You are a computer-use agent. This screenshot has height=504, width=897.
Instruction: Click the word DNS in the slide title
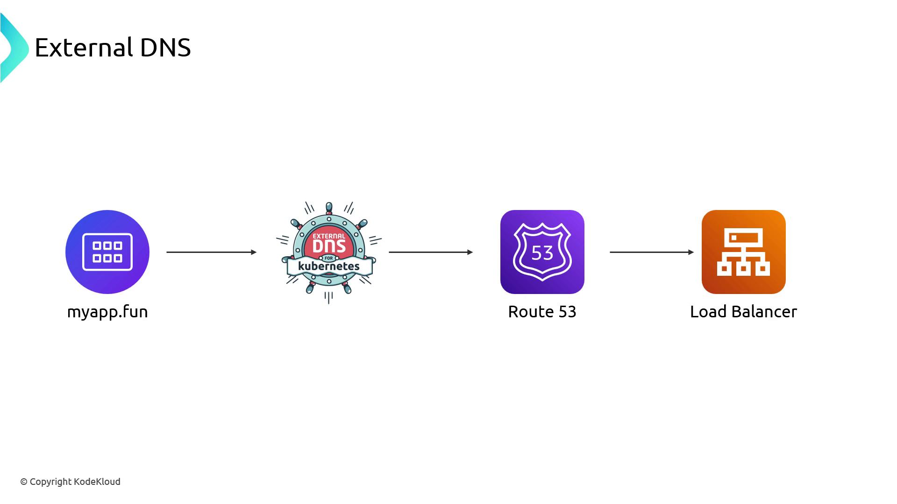coord(165,48)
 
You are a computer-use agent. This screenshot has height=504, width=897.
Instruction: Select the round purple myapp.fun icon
coord(107,252)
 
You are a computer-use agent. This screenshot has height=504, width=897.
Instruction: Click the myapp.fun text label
coord(107,312)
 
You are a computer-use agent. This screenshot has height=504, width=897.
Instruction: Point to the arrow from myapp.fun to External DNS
coord(211,252)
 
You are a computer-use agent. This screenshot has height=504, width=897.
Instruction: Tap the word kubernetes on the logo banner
coord(329,266)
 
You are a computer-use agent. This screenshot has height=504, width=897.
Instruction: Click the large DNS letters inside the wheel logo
coord(329,246)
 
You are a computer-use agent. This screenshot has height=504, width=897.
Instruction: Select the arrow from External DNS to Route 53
coord(431,252)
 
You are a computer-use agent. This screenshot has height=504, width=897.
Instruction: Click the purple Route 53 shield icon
coord(542,252)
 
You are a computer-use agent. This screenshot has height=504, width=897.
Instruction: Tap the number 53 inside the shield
coord(542,253)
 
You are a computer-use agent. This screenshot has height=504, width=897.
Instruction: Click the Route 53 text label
coord(542,312)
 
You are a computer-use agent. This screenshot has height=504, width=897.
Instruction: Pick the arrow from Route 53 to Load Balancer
coord(652,252)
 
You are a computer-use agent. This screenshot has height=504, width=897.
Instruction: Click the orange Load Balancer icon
coord(743,252)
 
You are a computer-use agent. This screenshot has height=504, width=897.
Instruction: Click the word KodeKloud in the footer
coord(97,482)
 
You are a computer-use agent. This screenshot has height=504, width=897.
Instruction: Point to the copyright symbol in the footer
coord(24,482)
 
